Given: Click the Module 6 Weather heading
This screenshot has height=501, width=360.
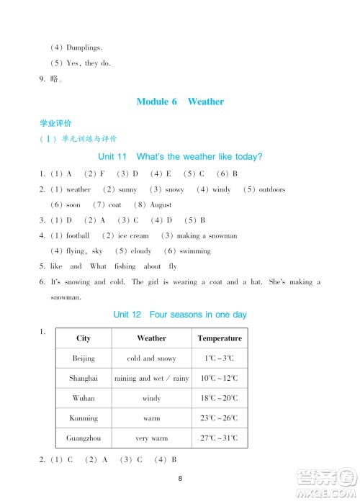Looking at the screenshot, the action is pyautogui.click(x=180, y=101).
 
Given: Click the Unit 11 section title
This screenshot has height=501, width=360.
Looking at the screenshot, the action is pyautogui.click(x=179, y=156).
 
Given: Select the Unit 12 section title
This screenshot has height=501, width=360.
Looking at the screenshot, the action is pyautogui.click(x=180, y=315).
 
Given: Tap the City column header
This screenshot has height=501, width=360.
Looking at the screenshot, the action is pyautogui.click(x=84, y=338).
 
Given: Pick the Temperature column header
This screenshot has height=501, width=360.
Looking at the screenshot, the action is pyautogui.click(x=220, y=338).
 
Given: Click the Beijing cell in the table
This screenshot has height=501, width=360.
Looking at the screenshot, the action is pyautogui.click(x=84, y=358).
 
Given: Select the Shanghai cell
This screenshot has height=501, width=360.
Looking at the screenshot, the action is pyautogui.click(x=84, y=378).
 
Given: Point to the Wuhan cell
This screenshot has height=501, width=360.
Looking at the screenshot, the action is pyautogui.click(x=84, y=398).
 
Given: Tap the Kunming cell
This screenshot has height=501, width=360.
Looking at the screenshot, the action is pyautogui.click(x=84, y=418).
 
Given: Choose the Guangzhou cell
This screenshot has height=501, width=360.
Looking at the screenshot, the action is pyautogui.click(x=84, y=438).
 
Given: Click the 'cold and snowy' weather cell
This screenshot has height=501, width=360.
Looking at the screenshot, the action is pyautogui.click(x=151, y=358).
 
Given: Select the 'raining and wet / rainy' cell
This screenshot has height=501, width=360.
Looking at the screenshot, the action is pyautogui.click(x=151, y=378).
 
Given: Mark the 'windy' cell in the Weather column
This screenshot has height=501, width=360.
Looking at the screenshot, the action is pyautogui.click(x=151, y=398).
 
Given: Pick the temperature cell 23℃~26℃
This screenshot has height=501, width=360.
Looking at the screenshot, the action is pyautogui.click(x=220, y=418).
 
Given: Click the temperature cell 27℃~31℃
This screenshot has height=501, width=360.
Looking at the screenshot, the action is pyautogui.click(x=220, y=438).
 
